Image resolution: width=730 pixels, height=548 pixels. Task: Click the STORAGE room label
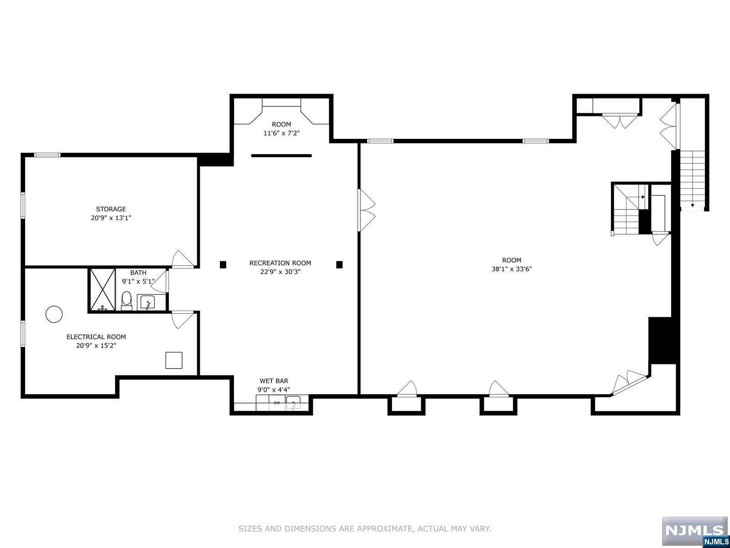111,209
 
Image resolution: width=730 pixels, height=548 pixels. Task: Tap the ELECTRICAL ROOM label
96,337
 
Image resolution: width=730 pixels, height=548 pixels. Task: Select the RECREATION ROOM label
280,263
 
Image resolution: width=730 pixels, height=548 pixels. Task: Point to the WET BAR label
274,381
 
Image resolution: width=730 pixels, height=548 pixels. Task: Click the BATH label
138,273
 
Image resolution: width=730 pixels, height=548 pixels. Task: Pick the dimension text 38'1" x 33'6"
511,269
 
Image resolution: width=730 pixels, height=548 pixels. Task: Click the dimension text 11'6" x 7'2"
282,133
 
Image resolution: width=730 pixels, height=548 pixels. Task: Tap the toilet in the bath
126,300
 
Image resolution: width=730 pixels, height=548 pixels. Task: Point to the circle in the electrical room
54,314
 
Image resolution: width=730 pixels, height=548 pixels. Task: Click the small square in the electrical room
174,360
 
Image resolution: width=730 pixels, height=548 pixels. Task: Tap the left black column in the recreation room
223,264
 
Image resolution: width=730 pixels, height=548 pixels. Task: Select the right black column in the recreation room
339,264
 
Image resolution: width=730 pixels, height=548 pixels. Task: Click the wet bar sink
293,402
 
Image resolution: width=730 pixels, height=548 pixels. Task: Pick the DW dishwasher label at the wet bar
276,403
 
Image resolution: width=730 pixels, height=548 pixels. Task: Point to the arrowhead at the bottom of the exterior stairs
693,205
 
